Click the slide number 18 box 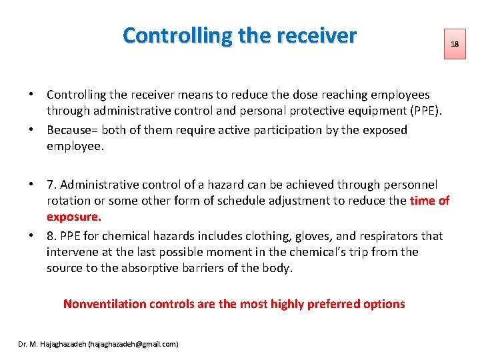point(455,44)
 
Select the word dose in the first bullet point(301,95)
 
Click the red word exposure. point(73,217)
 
